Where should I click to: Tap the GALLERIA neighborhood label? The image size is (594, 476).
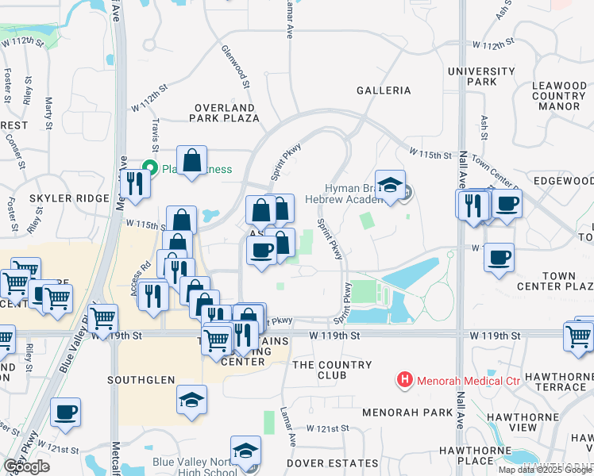[x=384, y=90]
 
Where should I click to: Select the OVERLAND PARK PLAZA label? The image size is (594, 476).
[x=224, y=113]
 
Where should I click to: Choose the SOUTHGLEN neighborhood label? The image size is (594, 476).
[x=141, y=381]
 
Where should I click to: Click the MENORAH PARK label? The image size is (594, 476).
[x=395, y=413]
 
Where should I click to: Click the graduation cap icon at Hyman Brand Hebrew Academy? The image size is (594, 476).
[x=390, y=185]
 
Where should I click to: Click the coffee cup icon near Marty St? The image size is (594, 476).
[x=65, y=411]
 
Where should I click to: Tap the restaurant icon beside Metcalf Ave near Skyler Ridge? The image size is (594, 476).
[x=134, y=183]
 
